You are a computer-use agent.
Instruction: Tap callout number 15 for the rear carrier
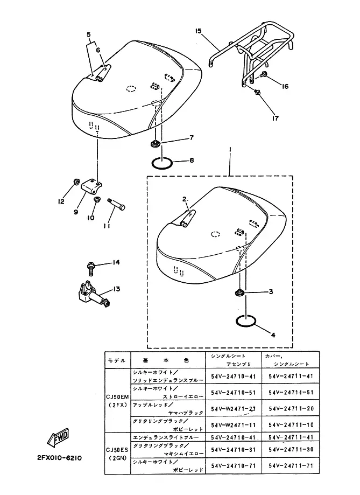pyautogui.click(x=198, y=32)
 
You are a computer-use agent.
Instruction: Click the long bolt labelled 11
pyautogui.click(x=118, y=205)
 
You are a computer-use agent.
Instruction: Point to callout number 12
pyautogui.click(x=62, y=201)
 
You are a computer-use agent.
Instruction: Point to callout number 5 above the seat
pyautogui.click(x=88, y=35)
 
